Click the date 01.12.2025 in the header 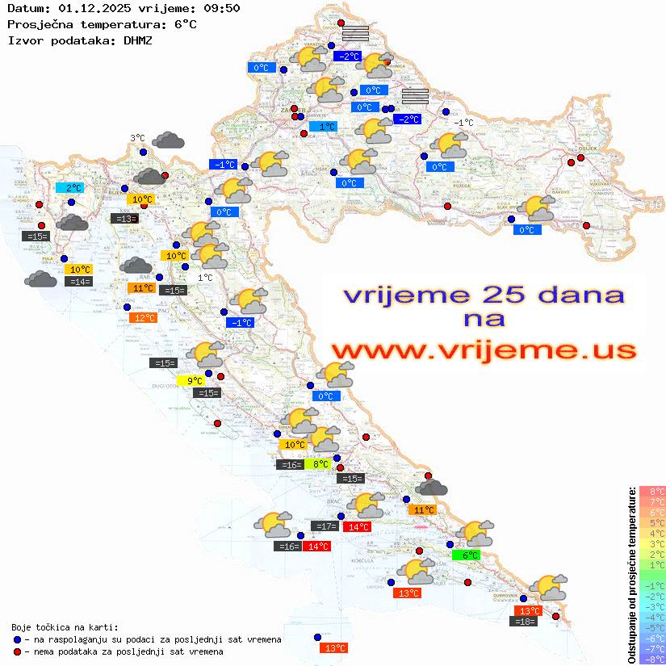click(93, 8)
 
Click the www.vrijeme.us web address click(483, 350)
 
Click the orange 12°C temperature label click(143, 318)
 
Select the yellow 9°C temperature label click(195, 381)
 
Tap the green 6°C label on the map click(471, 555)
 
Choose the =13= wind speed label click(124, 219)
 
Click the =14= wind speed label click(78, 282)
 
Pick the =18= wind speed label click(525, 622)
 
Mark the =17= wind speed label click(325, 526)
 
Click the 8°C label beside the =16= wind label click(320, 464)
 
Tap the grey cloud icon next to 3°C click(169, 140)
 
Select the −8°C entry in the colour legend click(652, 659)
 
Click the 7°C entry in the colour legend click(652, 502)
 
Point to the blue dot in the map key click(17, 639)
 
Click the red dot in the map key click(17, 651)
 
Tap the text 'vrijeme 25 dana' click(483, 295)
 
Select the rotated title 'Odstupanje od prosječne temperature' click(631, 575)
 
